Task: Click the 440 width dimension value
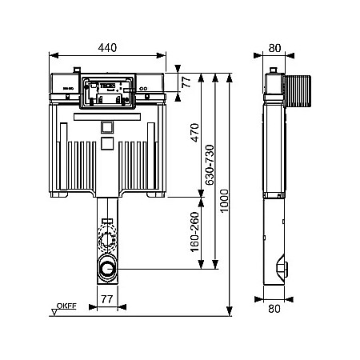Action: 107,47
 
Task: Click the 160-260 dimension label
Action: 193,232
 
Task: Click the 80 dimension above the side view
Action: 274,47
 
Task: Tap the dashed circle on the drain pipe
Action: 106,240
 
